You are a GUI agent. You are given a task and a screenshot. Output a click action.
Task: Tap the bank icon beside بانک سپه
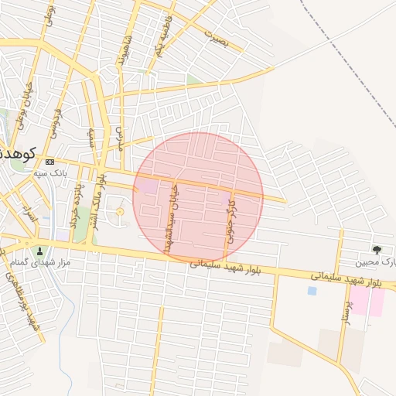[x=50, y=162]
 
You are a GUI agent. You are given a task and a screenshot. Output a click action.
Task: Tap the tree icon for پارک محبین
[x=377, y=250]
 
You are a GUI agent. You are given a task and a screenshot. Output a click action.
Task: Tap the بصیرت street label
[x=217, y=36]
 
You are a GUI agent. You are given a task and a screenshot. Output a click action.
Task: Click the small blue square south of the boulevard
[x=312, y=291]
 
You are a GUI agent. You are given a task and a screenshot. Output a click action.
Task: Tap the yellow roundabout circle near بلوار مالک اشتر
[x=119, y=212]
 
